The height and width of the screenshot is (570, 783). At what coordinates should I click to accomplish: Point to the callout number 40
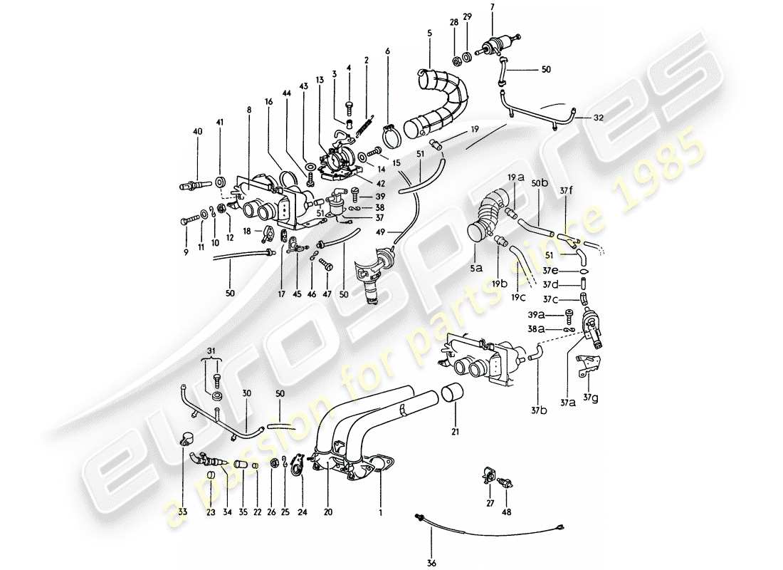click(x=197, y=131)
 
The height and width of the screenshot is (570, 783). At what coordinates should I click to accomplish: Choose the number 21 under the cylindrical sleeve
click(x=453, y=433)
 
